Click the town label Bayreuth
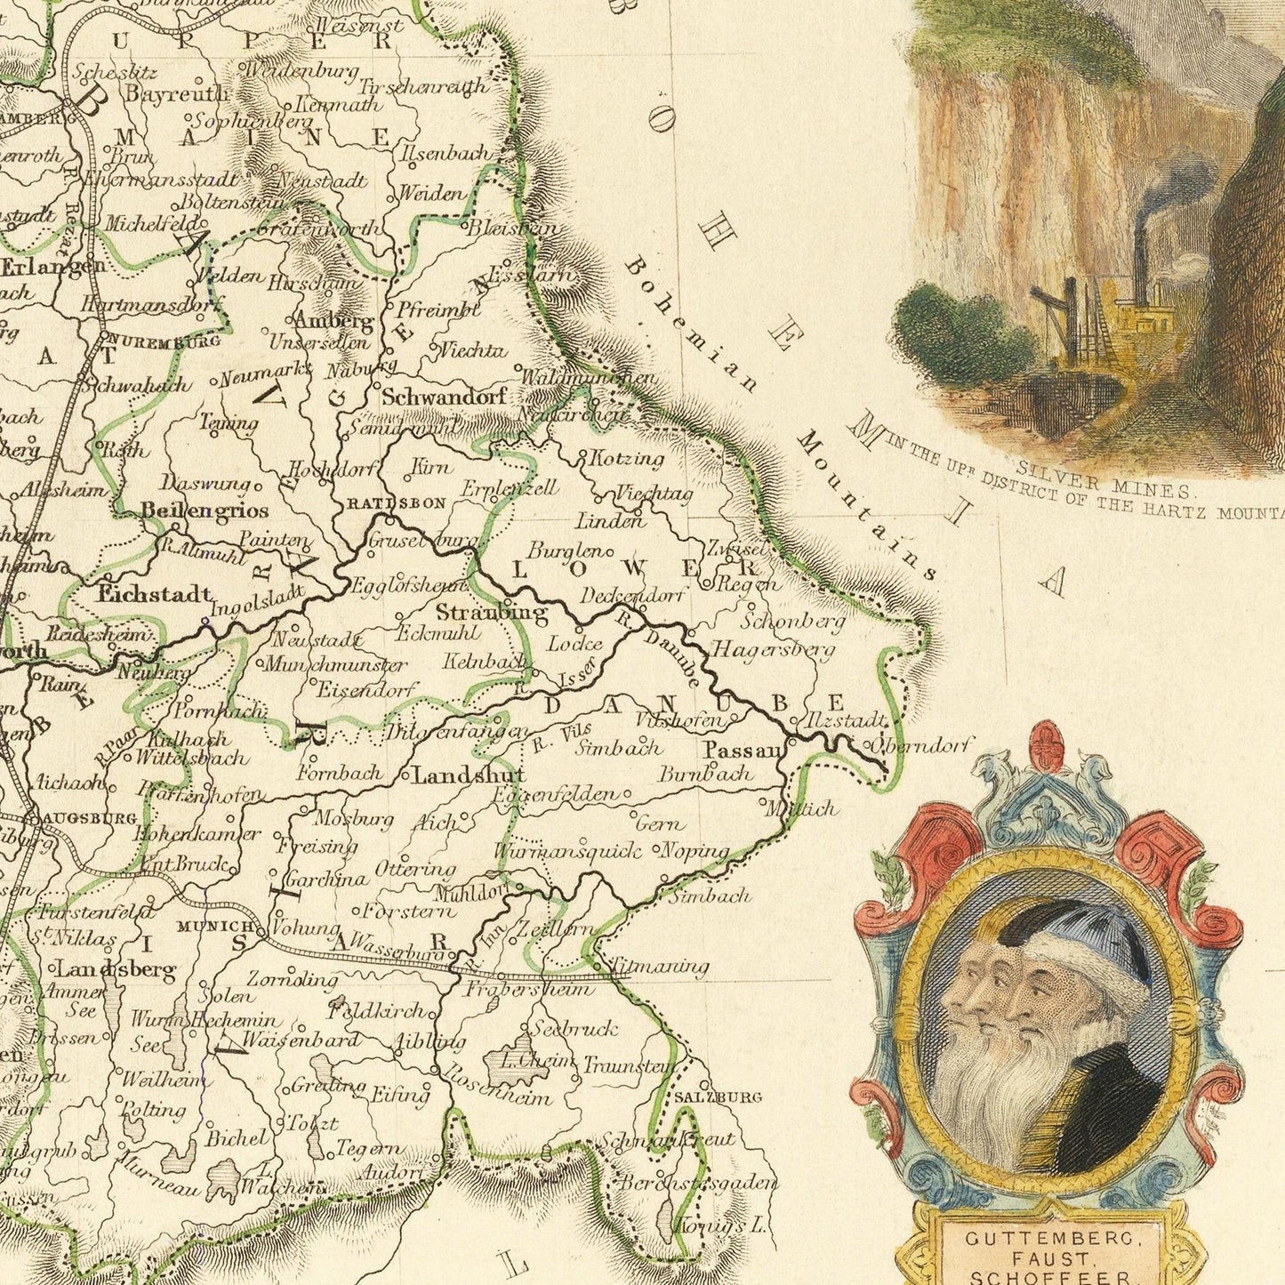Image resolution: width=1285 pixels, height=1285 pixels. click(178, 92)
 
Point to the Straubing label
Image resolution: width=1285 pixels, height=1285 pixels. click(492, 613)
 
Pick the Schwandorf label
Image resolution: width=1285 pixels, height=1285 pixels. click(444, 398)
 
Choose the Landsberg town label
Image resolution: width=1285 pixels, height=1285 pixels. click(116, 969)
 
